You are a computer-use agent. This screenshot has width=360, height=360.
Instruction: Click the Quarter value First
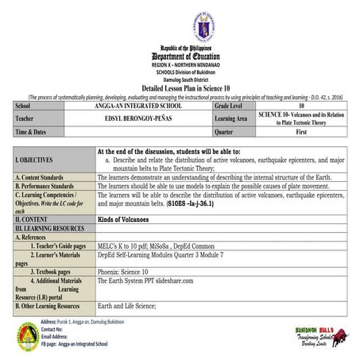[301, 131]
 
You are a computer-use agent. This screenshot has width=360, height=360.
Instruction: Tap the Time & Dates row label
[32, 131]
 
